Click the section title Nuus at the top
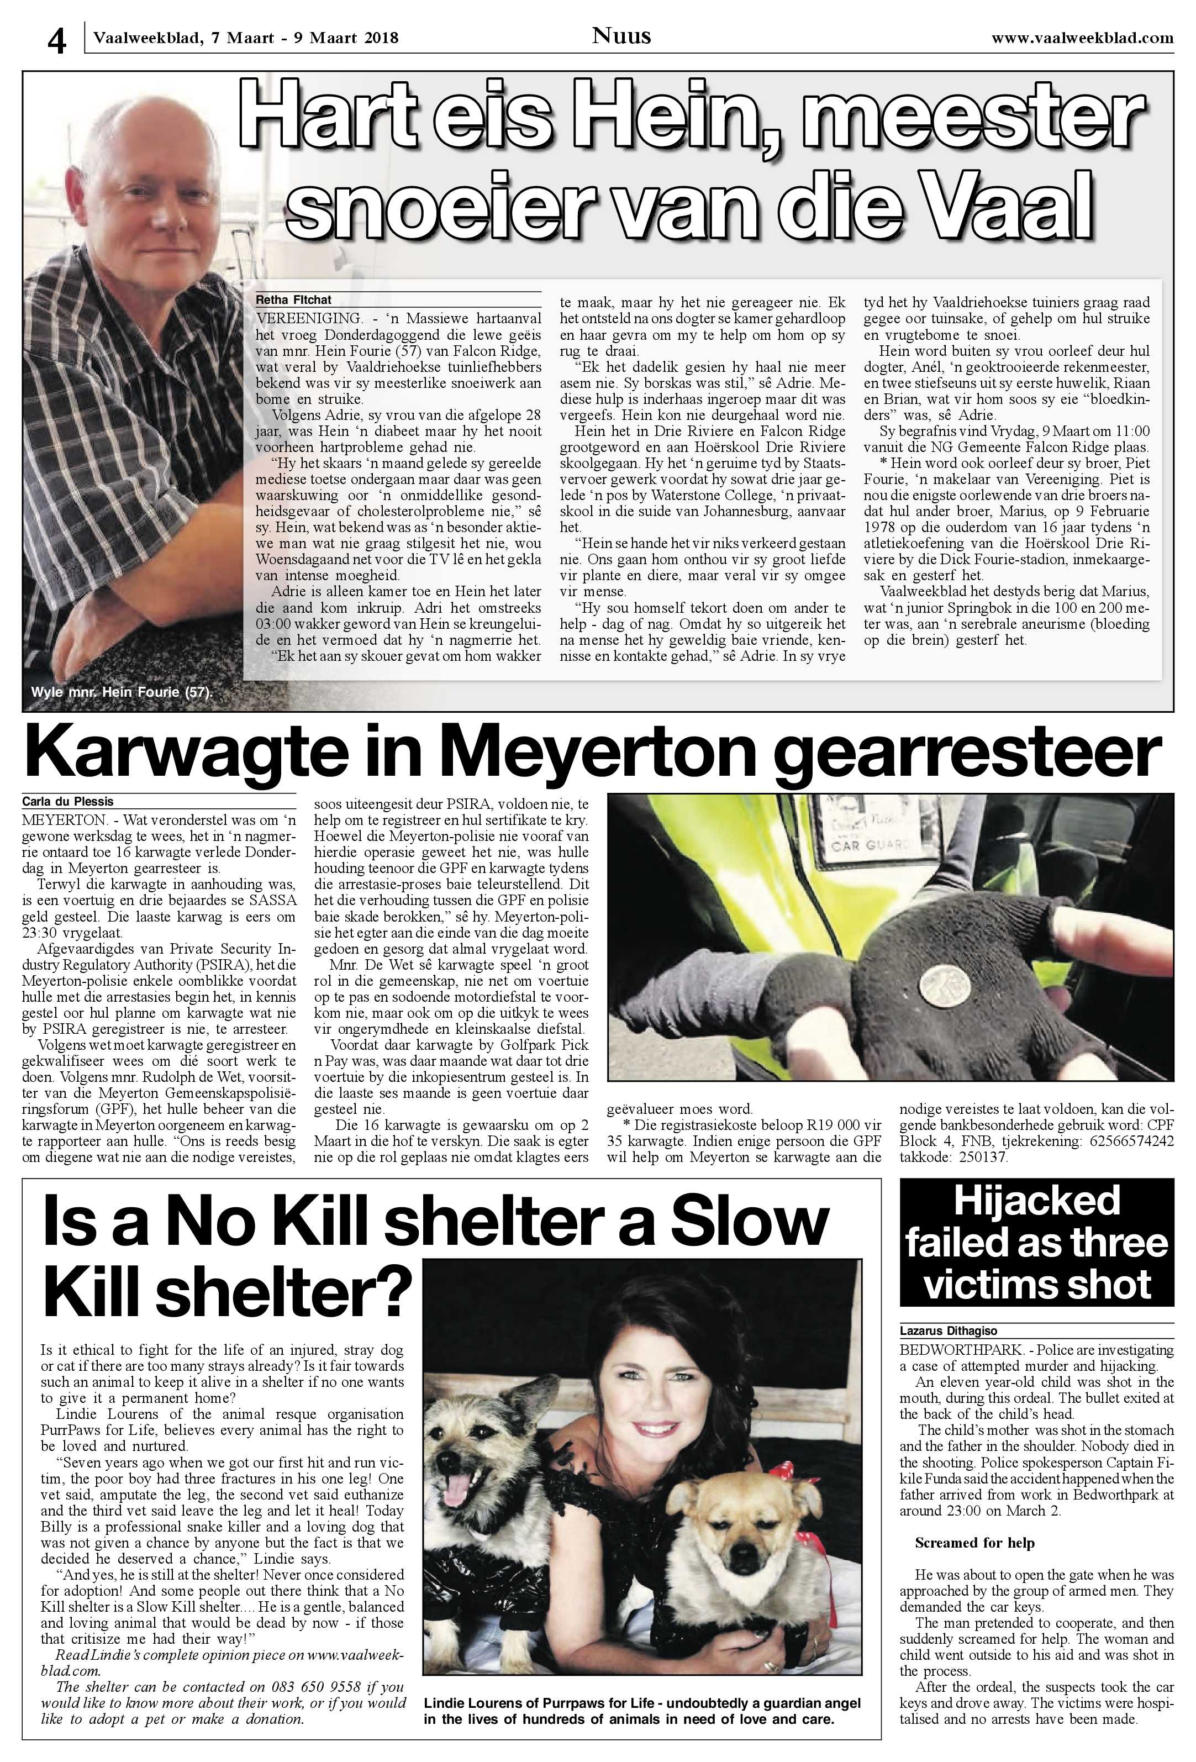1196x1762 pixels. tap(621, 35)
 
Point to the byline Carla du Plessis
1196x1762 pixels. tap(67, 801)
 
